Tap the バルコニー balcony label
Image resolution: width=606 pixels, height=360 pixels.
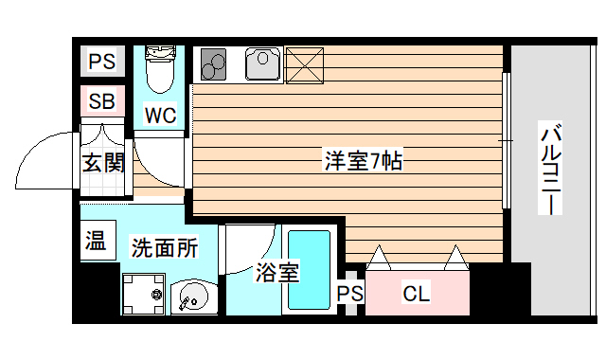pyautogui.click(x=552, y=170)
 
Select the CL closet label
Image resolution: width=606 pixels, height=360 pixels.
pyautogui.click(x=417, y=294)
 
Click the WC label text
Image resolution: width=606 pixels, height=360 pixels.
pyautogui.click(x=160, y=116)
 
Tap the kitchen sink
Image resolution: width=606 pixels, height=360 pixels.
pyautogui.click(x=260, y=64)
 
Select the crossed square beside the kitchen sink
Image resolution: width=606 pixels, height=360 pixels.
pyautogui.click(x=304, y=64)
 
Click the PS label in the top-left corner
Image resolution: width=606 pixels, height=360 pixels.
pyautogui.click(x=101, y=63)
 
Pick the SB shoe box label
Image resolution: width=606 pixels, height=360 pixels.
pyautogui.click(x=101, y=101)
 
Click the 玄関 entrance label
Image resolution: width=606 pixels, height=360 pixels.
pyautogui.click(x=103, y=162)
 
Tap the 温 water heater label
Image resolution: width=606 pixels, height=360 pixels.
pyautogui.click(x=96, y=242)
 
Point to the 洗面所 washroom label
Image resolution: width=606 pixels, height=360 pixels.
pyautogui.click(x=164, y=248)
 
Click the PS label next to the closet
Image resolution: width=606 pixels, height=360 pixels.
pyautogui.click(x=349, y=294)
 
